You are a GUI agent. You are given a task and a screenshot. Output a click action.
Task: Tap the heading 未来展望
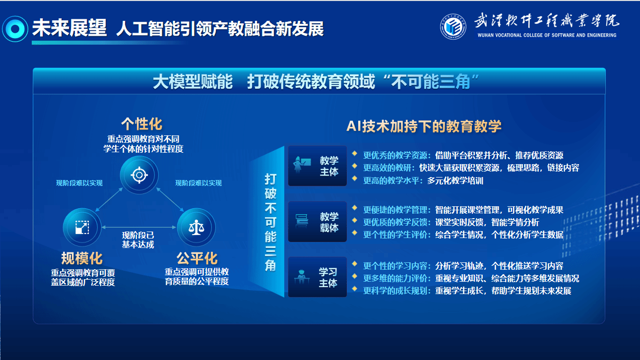point(69,28)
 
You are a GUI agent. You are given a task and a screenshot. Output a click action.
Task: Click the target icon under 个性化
point(139,175)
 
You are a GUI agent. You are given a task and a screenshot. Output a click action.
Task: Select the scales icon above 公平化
point(196,227)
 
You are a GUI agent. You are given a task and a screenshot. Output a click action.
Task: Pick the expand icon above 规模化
point(82,227)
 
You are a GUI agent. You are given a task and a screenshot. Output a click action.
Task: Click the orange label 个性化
point(142,123)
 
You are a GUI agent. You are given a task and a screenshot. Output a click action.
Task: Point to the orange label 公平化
point(197,258)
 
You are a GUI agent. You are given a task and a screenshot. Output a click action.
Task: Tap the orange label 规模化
point(82,258)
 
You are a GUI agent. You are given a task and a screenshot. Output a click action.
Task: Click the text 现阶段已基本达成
point(138,240)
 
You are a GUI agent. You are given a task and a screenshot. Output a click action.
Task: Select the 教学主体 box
point(318,166)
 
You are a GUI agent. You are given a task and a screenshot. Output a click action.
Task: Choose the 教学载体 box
point(318,222)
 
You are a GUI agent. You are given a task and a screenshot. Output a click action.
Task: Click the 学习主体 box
point(318,277)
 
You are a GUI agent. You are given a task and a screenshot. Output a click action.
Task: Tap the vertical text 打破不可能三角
point(270,222)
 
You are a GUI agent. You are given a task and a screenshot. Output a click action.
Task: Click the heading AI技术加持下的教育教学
point(424,126)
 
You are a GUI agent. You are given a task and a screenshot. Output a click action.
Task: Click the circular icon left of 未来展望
point(15,28)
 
